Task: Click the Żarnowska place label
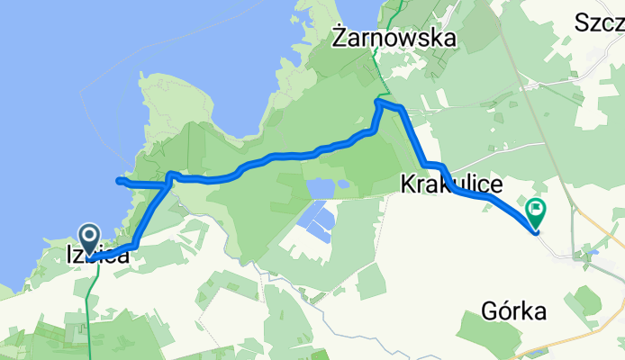394,38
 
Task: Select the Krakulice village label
450,184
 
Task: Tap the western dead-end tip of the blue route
119,181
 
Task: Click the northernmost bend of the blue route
379,102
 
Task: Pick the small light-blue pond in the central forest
320,187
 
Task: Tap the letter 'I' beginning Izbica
70,256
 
